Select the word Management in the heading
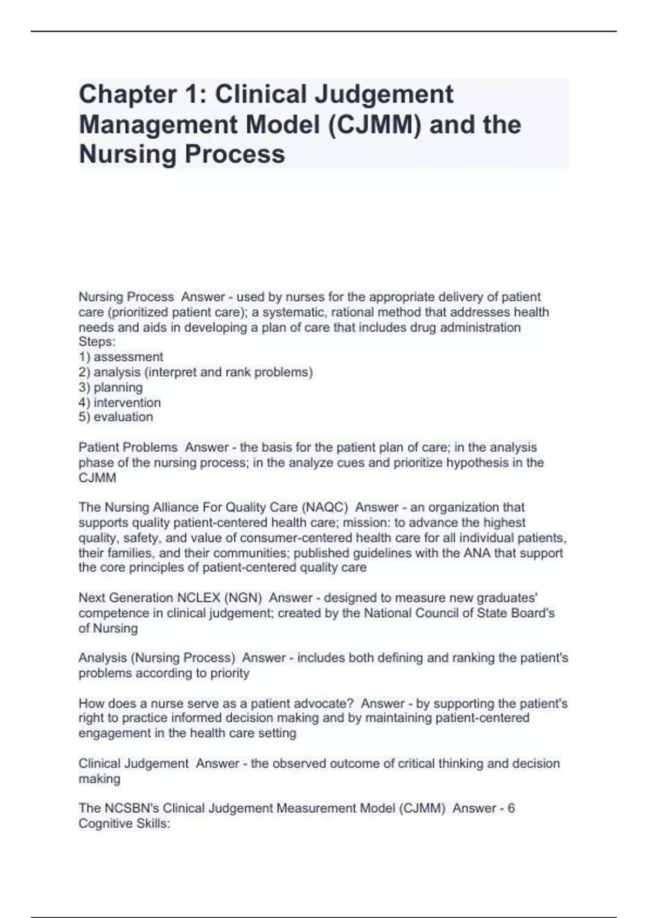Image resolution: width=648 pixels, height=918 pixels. pyautogui.click(x=158, y=125)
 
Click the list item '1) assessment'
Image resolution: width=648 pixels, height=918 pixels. pyautogui.click(x=121, y=357)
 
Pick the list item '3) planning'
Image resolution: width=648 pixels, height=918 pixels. pyautogui.click(x=111, y=387)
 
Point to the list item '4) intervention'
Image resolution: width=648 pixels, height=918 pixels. pyautogui.click(x=120, y=402)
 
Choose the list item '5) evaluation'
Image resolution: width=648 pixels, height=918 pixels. pyautogui.click(x=116, y=417)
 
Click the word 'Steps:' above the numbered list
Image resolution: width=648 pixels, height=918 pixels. pyautogui.click(x=97, y=342)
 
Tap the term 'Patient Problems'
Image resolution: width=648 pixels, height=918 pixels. pyautogui.click(x=128, y=448)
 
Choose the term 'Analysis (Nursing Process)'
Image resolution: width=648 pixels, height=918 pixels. pyautogui.click(x=157, y=658)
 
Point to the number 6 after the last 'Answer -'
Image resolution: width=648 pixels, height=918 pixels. pyautogui.click(x=511, y=808)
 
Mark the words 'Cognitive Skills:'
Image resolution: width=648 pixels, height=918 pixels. pyautogui.click(x=125, y=823)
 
